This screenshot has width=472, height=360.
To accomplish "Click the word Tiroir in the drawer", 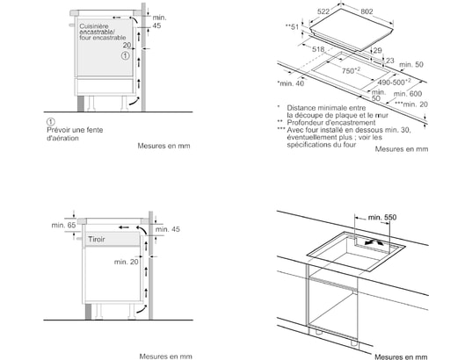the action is pyautogui.click(x=97, y=240).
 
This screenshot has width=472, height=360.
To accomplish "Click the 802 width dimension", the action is pyautogui.click(x=367, y=11).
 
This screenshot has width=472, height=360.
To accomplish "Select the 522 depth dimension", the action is pyautogui.click(x=323, y=11).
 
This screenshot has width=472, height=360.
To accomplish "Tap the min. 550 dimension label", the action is pyautogui.click(x=382, y=217).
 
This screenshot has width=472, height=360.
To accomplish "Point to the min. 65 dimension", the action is pyautogui.click(x=63, y=225).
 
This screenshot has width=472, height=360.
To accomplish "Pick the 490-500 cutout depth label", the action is pyautogui.click(x=394, y=82).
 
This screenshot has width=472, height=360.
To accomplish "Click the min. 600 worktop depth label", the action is pyautogui.click(x=408, y=94).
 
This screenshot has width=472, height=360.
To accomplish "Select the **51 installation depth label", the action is pyautogui.click(x=292, y=27).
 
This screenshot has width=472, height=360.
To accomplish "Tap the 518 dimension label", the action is pyautogui.click(x=318, y=49).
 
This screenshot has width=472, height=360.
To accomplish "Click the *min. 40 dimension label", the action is pyautogui.click(x=290, y=83).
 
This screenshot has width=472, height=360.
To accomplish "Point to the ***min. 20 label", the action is pyautogui.click(x=411, y=104).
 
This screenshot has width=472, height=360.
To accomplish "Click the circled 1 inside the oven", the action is pyautogui.click(x=126, y=55).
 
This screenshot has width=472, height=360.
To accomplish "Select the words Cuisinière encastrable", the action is pyautogui.click(x=97, y=29).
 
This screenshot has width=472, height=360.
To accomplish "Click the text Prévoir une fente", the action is pyautogui.click(x=75, y=130).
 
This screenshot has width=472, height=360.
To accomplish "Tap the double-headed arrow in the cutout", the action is pyautogui.click(x=374, y=241).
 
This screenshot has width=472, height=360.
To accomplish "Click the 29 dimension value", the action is pyautogui.click(x=377, y=51).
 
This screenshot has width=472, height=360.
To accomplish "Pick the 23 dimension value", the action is pyautogui.click(x=390, y=61).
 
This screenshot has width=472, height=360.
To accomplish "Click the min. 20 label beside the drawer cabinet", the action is pyautogui.click(x=126, y=262).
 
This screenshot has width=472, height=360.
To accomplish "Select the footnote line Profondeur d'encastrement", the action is pyautogui.click(x=331, y=123).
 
